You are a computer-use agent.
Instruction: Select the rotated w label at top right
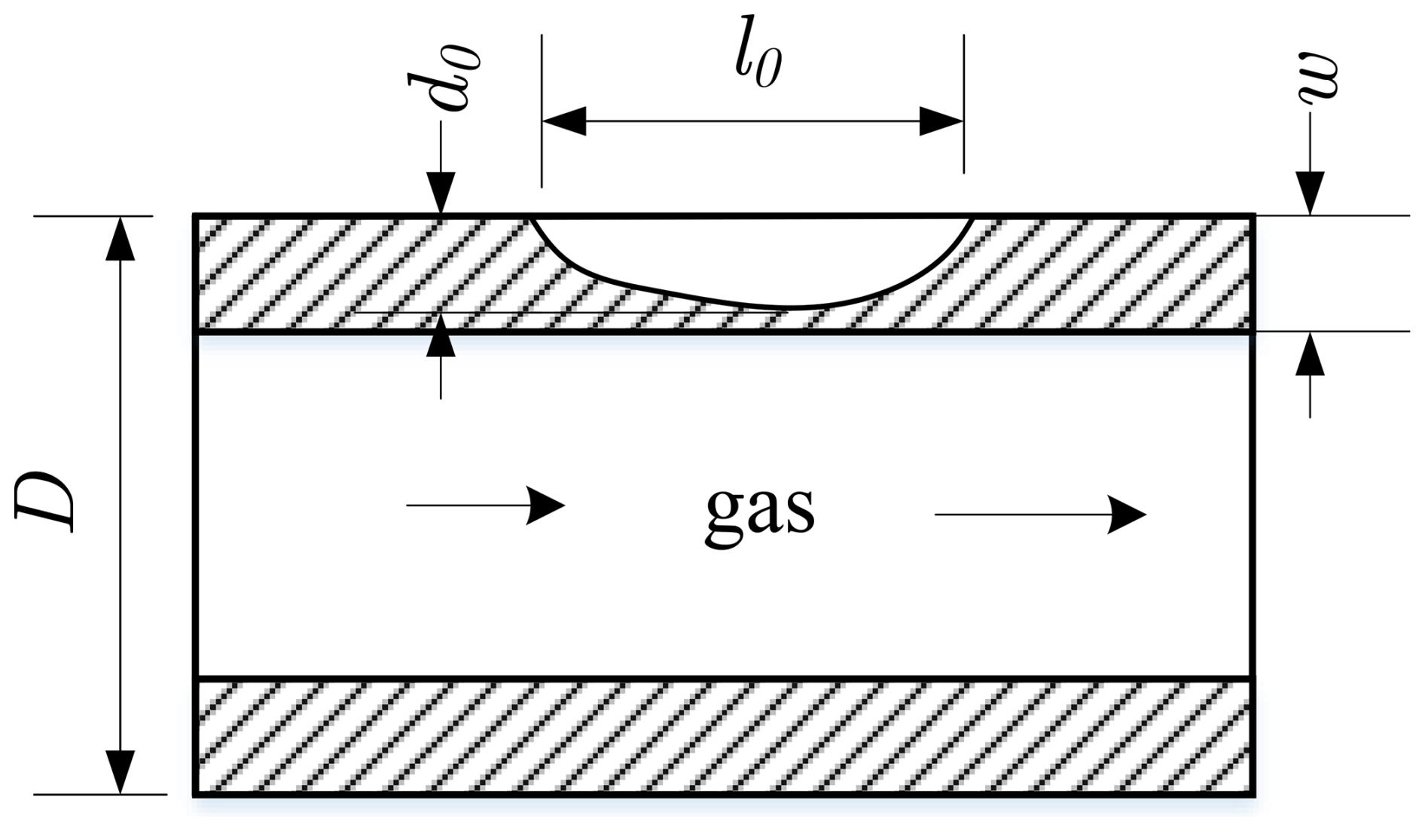coord(1317,77)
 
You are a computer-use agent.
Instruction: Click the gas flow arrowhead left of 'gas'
coord(546,504)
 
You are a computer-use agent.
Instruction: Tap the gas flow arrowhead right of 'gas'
coord(1127,515)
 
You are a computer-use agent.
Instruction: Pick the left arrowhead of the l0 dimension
coord(563,121)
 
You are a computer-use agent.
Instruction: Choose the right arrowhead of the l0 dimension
coord(941,121)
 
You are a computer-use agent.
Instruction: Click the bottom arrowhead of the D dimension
coord(121,771)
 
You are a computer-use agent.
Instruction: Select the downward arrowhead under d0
coord(441,194)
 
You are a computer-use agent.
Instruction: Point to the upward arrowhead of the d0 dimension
coord(441,336)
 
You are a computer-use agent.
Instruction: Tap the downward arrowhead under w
coord(1310,194)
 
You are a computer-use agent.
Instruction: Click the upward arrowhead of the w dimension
coord(1310,354)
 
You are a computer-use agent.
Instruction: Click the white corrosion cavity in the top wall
coord(753,256)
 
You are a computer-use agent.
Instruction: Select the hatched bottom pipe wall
coord(723,737)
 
